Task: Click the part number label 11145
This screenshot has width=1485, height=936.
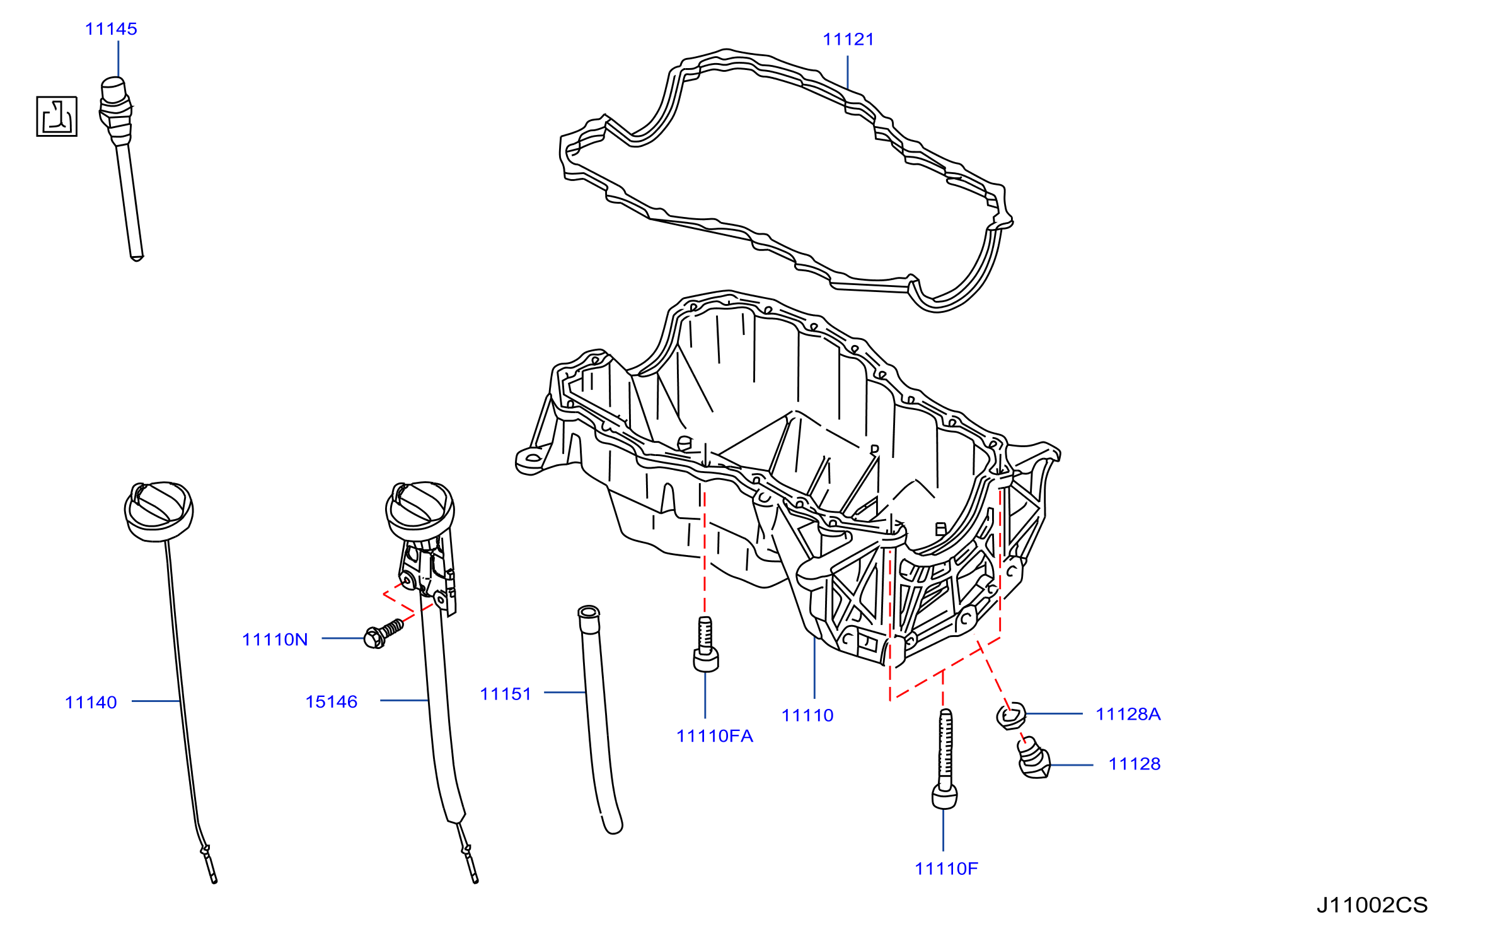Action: point(111,29)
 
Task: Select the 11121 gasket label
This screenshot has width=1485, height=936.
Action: point(848,40)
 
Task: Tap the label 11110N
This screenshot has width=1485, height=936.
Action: point(275,640)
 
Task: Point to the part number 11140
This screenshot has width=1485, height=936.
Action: point(91,703)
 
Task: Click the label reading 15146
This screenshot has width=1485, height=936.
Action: point(332,702)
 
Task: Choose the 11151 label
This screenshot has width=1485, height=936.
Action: point(506,694)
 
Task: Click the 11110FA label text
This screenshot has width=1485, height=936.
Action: point(715,736)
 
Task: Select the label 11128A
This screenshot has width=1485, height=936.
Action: point(1128,714)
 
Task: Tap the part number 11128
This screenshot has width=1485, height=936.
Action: point(1135,764)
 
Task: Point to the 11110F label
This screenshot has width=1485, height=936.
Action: point(947,869)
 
